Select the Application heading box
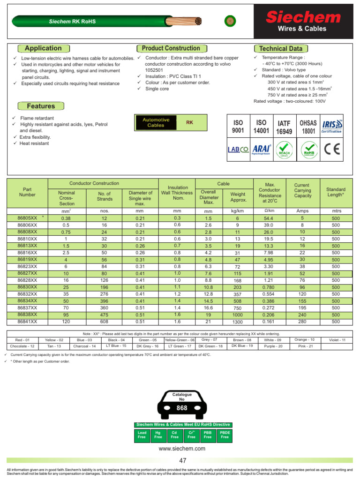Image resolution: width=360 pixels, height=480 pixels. pos(43,48)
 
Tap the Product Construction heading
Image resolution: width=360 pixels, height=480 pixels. pos(171,48)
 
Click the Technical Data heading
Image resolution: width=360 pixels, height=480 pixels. pos(281,49)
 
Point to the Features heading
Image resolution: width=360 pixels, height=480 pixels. pos(41,106)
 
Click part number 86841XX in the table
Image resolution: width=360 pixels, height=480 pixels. pos(27,322)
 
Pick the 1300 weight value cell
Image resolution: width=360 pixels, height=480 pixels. pos(238,322)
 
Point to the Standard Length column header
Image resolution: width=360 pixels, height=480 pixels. pos(336,192)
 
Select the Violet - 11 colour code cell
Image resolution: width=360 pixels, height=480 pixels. pos(337,339)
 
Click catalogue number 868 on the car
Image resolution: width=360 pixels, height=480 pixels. pos(181,408)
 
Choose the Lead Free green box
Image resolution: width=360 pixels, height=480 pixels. pos(142,435)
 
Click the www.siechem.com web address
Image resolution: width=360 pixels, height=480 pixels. pos(182,449)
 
